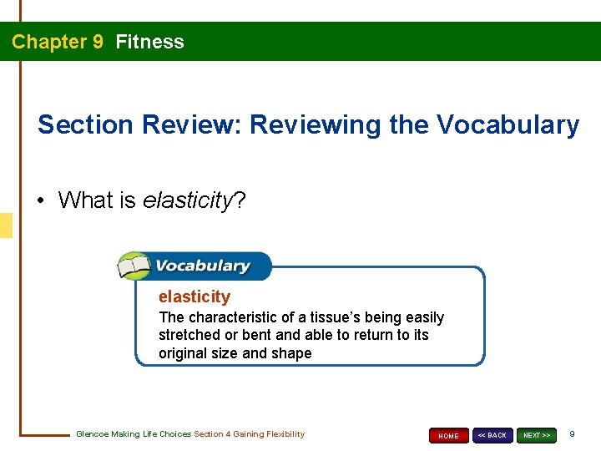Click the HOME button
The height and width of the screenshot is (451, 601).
tap(449, 435)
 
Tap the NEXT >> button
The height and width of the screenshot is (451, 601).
tap(537, 435)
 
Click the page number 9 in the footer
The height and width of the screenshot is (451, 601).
tap(572, 434)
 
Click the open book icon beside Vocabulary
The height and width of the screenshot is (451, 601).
tap(134, 267)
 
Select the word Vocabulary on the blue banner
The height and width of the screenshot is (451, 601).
tap(202, 266)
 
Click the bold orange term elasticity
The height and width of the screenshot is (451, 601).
tap(194, 296)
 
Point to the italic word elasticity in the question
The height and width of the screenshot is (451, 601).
tap(185, 200)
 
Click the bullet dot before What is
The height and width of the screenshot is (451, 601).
tap(42, 201)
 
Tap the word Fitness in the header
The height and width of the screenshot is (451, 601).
tap(150, 42)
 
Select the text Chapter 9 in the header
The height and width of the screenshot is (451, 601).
tap(58, 42)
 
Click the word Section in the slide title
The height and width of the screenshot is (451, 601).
tap(86, 125)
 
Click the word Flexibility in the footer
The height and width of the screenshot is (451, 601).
tap(284, 434)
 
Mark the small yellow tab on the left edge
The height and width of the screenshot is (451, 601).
tap(6, 225)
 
